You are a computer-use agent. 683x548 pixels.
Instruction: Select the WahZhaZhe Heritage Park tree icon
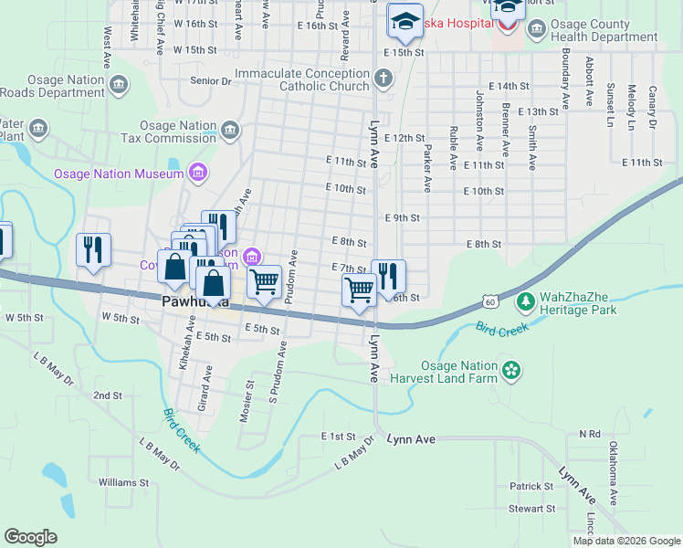pyautogui.click(x=525, y=300)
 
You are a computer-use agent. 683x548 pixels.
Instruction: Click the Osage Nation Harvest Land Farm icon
pyautogui.click(x=511, y=370)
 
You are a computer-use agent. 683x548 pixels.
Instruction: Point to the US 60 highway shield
pyautogui.click(x=491, y=301)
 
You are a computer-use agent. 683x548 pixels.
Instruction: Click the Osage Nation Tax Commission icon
pyautogui.click(x=229, y=131)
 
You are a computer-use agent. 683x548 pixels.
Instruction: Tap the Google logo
pyautogui.click(x=31, y=536)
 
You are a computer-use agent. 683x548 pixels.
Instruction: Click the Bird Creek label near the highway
pyautogui.click(x=502, y=328)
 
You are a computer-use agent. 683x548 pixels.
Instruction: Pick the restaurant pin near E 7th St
pyautogui.click(x=389, y=275)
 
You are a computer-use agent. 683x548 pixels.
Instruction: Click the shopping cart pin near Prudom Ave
pyautogui.click(x=265, y=280)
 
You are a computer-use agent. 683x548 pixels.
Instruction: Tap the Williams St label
pyautogui.click(x=123, y=481)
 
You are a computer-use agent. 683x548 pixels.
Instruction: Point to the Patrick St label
pyautogui.click(x=532, y=487)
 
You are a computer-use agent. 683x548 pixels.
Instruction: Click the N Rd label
pyautogui.click(x=590, y=435)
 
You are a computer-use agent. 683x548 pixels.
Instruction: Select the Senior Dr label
pyautogui.click(x=211, y=81)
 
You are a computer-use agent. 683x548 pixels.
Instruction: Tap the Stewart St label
pyautogui.click(x=532, y=509)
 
